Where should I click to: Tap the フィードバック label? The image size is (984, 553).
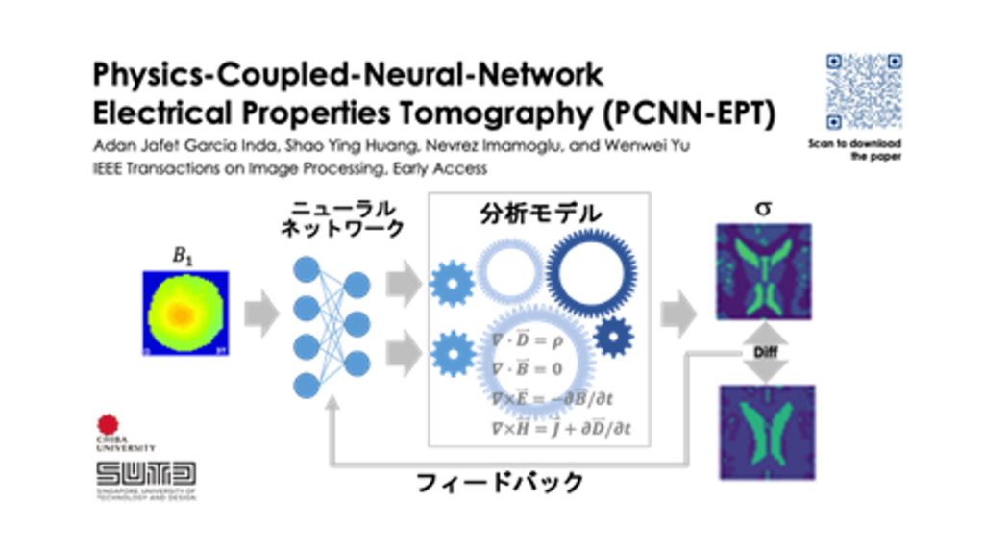500,481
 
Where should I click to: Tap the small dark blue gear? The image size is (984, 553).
612,337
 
